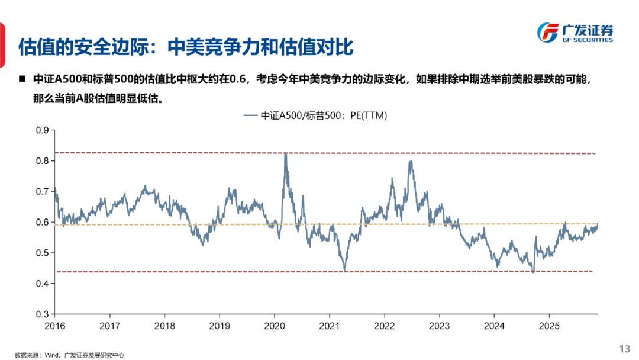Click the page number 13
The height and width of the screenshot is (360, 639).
pyautogui.click(x=624, y=348)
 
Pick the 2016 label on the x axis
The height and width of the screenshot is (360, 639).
pyautogui.click(x=55, y=326)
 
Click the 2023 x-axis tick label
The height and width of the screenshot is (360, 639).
pyautogui.click(x=439, y=326)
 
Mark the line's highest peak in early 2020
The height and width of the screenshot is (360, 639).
pyautogui.click(x=286, y=153)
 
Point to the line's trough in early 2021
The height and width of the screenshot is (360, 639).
pyautogui.click(x=344, y=270)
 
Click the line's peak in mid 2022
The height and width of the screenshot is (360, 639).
pyautogui.click(x=410, y=162)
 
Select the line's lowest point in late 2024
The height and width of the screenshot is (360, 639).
pyautogui.click(x=533, y=272)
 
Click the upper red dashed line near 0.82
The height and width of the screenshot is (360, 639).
pyautogui.click(x=177, y=153)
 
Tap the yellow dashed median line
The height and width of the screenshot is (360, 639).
pyautogui.click(x=177, y=224)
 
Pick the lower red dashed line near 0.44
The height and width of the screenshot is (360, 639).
pyautogui.click(x=177, y=271)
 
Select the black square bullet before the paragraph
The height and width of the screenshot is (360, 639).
pyautogui.click(x=22, y=79)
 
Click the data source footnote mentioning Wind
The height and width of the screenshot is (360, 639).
pyautogui.click(x=70, y=355)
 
